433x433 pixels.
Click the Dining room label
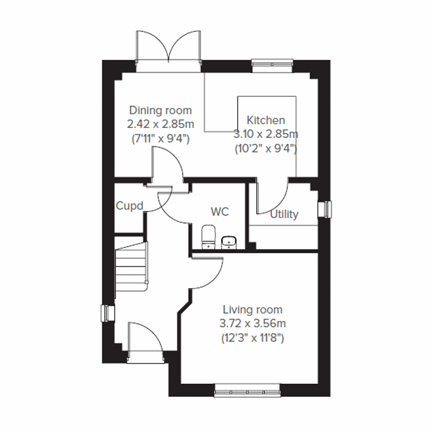tap(160, 110)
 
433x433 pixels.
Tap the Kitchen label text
tap(266, 120)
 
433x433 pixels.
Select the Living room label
tap(252, 310)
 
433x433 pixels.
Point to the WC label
tap(220, 211)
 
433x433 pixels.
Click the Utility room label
tap(284, 214)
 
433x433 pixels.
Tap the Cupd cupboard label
tap(130, 206)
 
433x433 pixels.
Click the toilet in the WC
tap(208, 237)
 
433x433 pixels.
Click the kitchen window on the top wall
tap(272, 63)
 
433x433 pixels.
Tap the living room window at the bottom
tap(247, 391)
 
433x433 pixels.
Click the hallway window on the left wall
tap(108, 313)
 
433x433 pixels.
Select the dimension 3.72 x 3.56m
tap(252, 324)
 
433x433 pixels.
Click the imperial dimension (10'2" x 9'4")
tap(266, 149)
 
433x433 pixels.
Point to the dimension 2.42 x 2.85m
tap(160, 124)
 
